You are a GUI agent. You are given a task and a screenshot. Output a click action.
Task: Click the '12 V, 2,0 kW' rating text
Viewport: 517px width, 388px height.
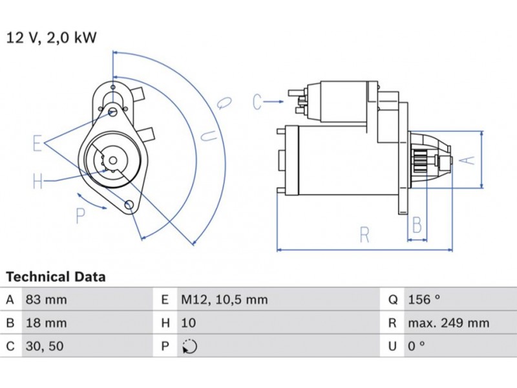pos(52,38)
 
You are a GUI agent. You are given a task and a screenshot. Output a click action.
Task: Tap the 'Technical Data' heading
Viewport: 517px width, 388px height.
pos(56,277)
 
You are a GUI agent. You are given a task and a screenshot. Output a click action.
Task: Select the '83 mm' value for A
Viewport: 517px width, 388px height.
pos(46,300)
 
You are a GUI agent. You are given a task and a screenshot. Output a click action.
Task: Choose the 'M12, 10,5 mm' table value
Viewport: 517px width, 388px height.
pos(224,300)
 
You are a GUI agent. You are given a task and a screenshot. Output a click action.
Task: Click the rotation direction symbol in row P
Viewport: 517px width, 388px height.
pos(189,347)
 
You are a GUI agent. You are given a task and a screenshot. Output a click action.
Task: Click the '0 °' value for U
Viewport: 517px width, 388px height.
pos(416,347)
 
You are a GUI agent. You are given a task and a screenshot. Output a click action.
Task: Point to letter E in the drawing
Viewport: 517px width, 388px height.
pos(37,144)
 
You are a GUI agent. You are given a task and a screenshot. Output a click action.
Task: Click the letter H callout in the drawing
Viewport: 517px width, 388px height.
pos(37,182)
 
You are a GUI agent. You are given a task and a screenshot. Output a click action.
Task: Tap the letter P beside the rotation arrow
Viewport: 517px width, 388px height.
pos(81,216)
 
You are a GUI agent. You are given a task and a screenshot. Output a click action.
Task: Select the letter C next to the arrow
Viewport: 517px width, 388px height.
pos(257,102)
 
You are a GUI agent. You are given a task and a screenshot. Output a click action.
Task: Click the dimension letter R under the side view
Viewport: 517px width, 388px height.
pos(364,234)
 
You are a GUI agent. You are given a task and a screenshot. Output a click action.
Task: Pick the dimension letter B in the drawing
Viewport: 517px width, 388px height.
pos(417,225)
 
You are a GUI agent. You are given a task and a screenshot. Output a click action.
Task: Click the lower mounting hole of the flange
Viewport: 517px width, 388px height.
pos(129,206)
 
